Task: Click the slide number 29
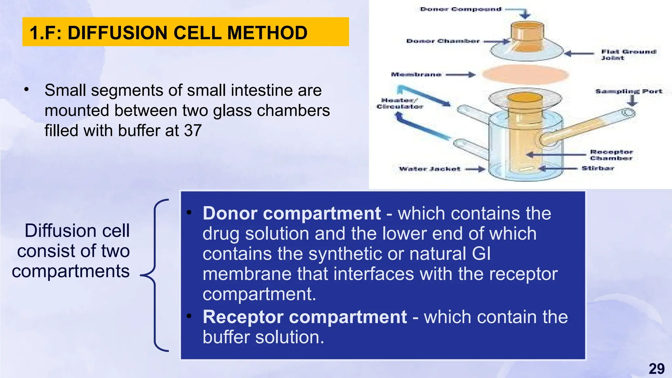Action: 657,369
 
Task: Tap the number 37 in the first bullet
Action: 193,131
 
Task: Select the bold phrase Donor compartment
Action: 291,214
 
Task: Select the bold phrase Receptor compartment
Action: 304,317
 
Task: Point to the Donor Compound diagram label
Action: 460,9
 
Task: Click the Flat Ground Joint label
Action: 628,54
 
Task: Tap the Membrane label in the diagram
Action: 416,74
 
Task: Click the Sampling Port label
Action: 629,91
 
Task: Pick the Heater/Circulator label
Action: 399,103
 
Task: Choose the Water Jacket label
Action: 430,169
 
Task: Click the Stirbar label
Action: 598,168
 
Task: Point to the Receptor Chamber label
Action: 611,155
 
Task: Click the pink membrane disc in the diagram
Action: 525,74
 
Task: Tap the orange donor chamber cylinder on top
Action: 527,36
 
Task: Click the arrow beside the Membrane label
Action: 460,75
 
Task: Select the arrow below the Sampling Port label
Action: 632,101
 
